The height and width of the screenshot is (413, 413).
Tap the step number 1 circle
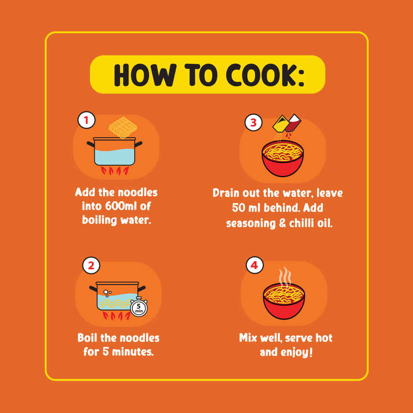[x=86, y=120]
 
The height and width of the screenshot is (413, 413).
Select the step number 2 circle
[x=91, y=265]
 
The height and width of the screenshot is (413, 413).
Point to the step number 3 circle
[x=254, y=123]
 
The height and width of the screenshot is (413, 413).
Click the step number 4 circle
[x=254, y=265]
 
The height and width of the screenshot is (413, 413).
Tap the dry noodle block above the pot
[x=123, y=127]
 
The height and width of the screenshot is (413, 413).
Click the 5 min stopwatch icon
[x=139, y=307]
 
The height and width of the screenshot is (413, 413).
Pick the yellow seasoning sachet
[x=280, y=124]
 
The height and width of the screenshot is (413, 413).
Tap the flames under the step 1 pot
[x=115, y=170]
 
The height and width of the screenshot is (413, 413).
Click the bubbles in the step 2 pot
[x=107, y=293]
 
